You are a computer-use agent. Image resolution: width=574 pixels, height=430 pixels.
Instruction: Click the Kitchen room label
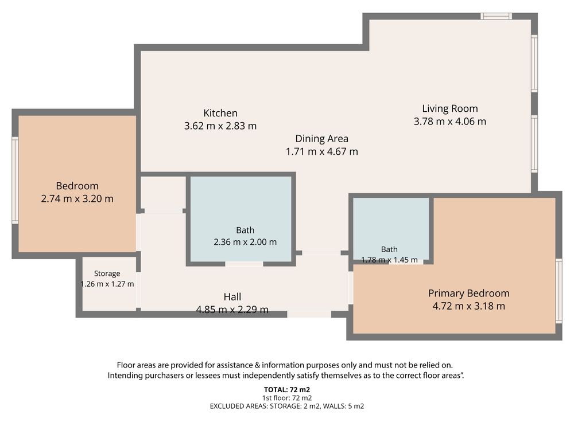coord(220,113)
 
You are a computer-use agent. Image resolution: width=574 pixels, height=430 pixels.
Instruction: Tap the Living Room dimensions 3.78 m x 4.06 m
coord(450,122)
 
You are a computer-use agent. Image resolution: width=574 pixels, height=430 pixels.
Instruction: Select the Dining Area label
coord(322,139)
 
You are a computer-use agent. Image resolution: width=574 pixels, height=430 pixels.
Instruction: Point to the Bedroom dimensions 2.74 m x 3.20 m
coord(77,199)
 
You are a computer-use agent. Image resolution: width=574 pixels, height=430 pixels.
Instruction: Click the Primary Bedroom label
coord(469,293)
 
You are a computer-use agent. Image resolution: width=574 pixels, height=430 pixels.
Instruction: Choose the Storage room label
coord(107,273)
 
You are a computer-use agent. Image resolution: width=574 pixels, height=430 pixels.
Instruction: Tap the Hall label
coord(232,296)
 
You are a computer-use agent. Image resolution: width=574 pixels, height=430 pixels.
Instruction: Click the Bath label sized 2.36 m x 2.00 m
coord(245,230)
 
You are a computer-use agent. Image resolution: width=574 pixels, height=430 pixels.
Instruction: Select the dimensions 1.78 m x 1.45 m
coord(389,260)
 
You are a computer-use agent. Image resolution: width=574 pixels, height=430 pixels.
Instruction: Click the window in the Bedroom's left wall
coord(15,180)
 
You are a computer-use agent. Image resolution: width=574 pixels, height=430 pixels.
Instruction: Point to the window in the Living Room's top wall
coord(496,16)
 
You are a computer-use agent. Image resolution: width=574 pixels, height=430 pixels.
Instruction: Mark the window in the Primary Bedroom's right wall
coord(559,291)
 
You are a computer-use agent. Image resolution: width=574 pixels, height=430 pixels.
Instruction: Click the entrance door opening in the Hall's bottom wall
coord(309,314)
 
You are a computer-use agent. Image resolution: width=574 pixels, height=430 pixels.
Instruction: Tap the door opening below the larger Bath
coord(244,264)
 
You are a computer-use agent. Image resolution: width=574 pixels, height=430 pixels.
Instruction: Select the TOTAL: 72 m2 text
coord(287,390)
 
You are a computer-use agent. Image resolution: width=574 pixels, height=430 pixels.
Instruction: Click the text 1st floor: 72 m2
coord(287,398)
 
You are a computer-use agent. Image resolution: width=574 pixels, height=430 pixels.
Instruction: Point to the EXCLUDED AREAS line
coord(287,406)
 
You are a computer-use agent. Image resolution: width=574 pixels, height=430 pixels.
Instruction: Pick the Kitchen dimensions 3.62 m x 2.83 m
coord(220,126)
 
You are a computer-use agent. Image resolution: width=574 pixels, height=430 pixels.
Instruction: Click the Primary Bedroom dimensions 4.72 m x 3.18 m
coord(469,306)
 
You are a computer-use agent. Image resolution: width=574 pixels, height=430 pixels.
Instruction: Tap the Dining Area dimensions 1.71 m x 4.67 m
coord(322,152)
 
